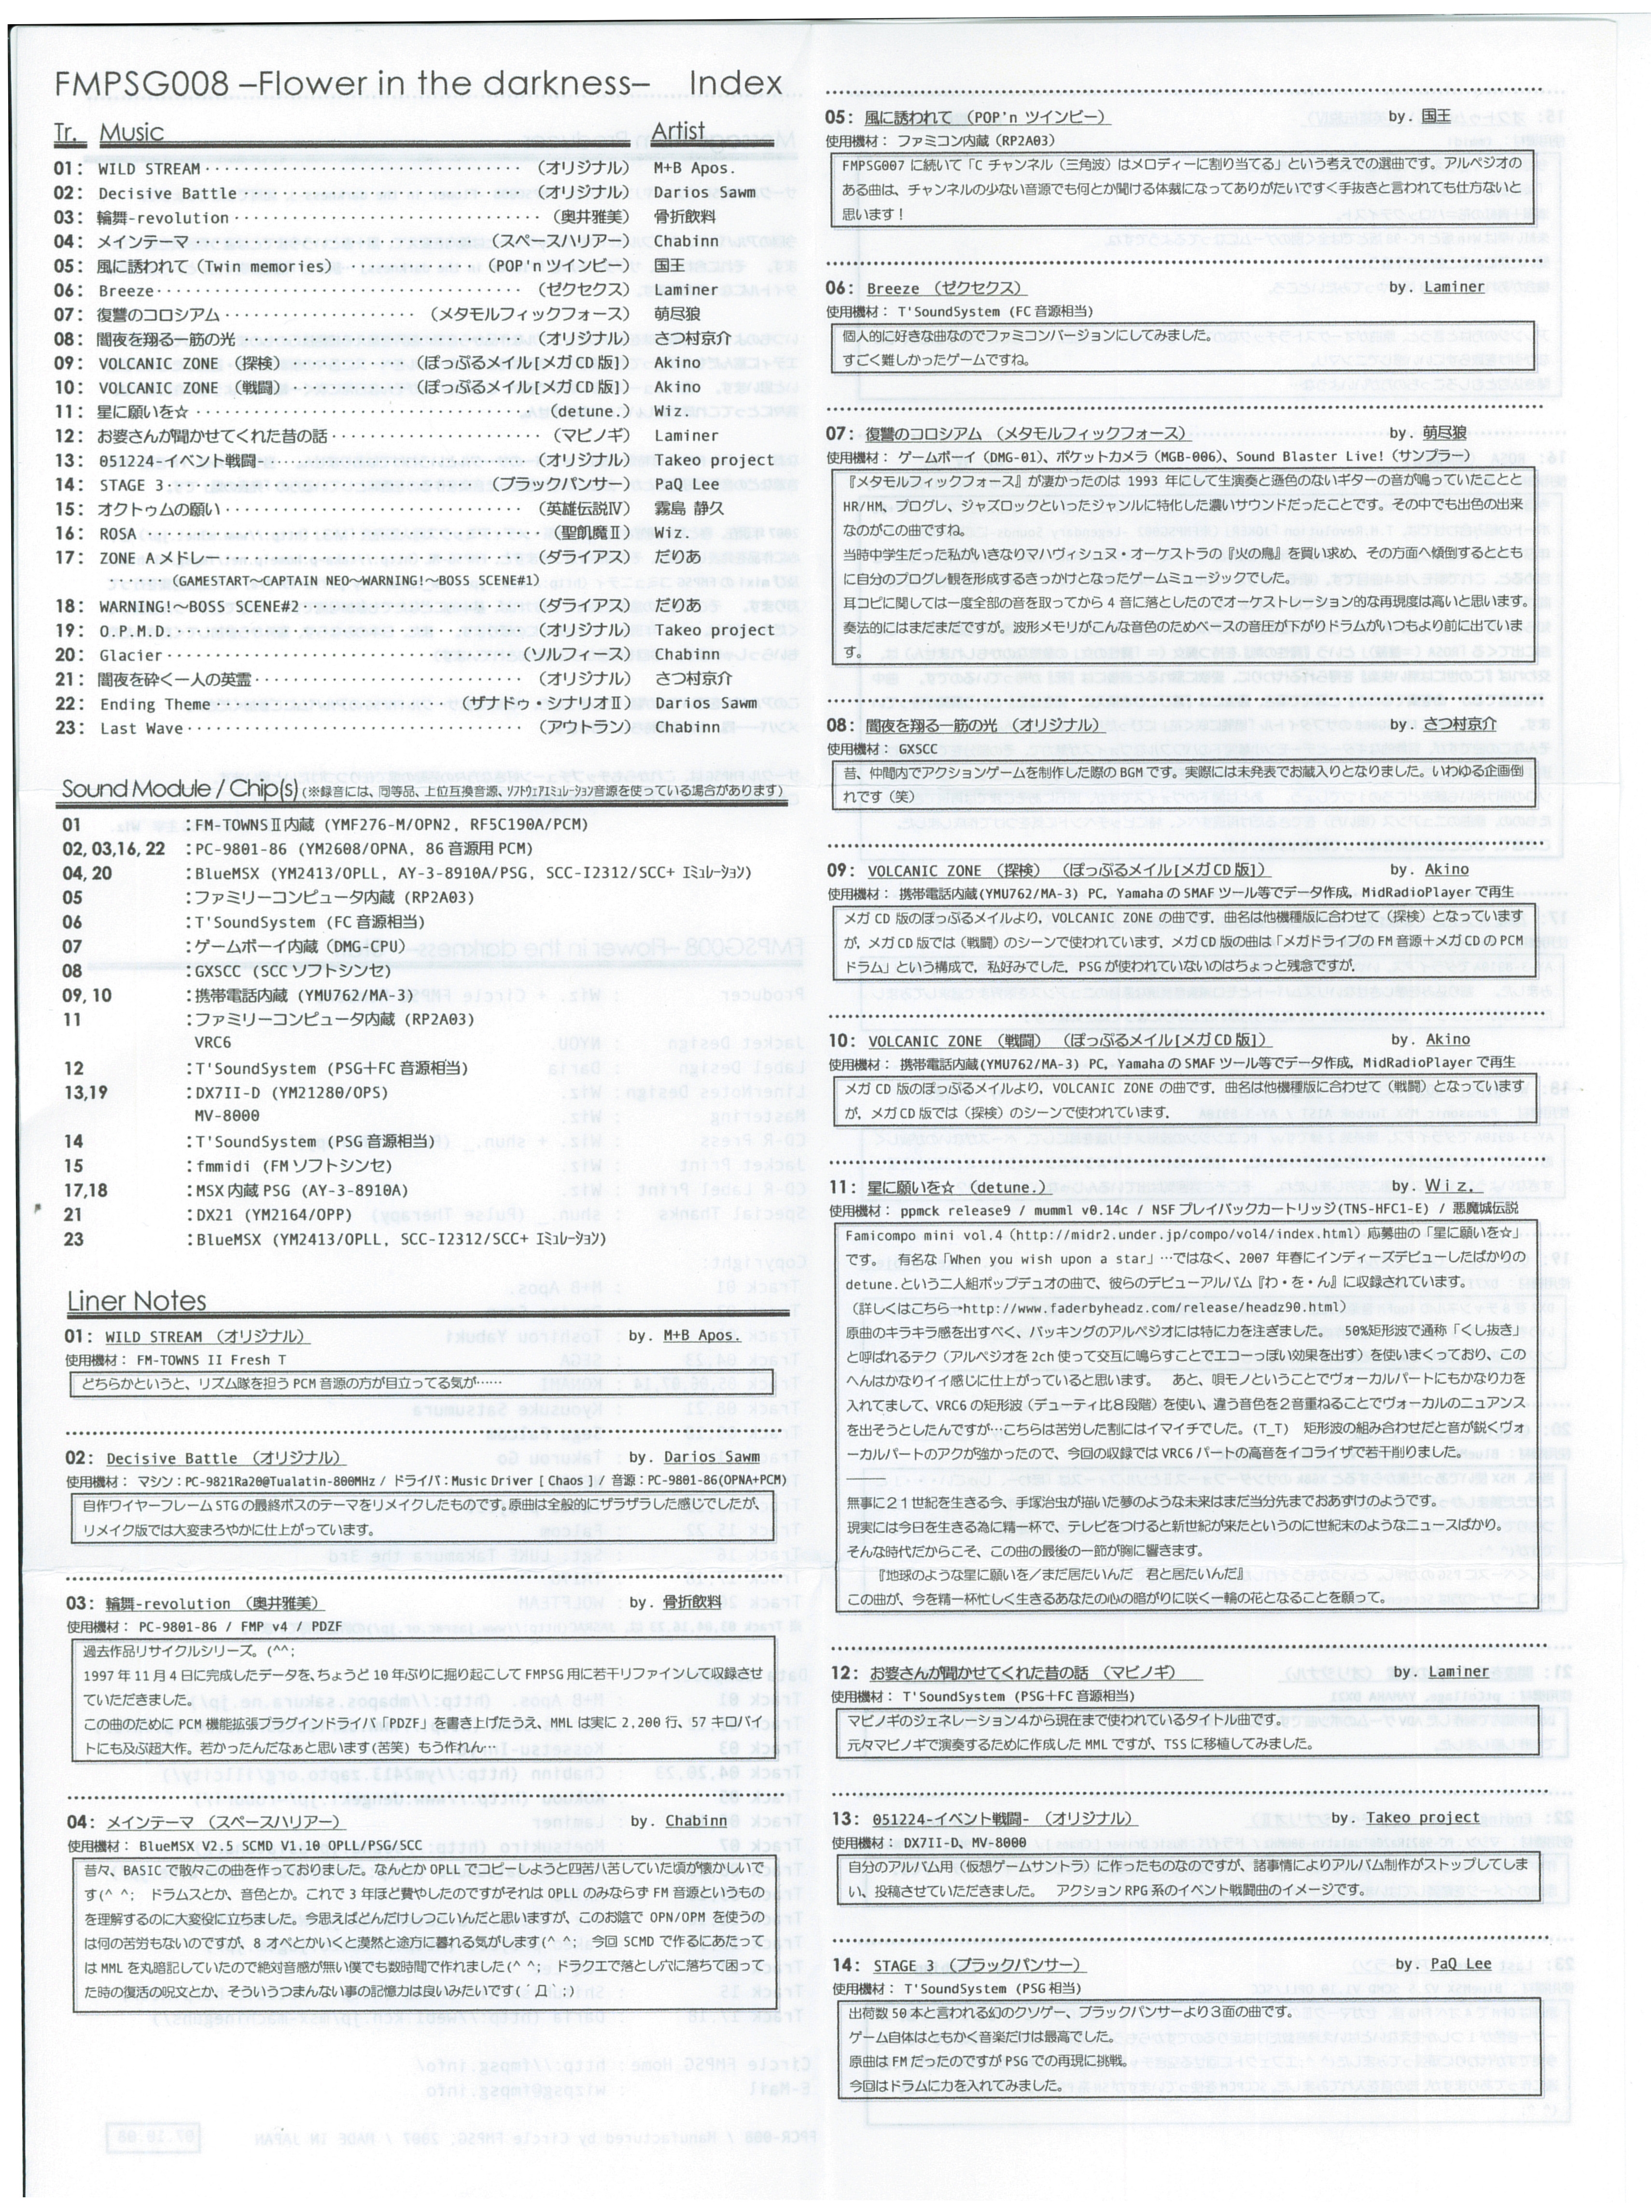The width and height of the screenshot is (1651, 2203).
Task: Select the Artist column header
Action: point(678,131)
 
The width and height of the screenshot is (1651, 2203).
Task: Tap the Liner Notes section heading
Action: point(137,1301)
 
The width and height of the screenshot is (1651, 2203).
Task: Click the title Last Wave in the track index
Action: point(140,728)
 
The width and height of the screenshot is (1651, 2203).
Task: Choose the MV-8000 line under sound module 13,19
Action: point(227,1116)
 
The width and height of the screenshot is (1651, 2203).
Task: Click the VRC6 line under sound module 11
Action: point(212,1043)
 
